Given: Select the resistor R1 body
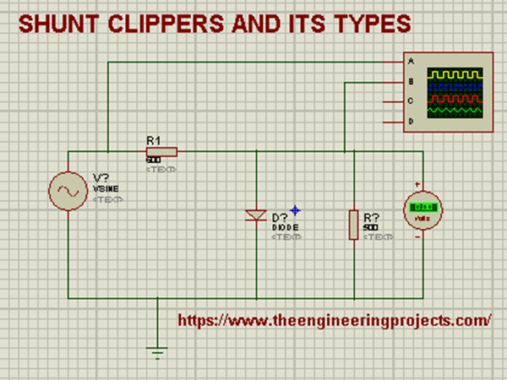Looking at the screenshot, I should [161, 151].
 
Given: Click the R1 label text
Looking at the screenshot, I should [154, 139].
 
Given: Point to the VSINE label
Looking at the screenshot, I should [106, 190].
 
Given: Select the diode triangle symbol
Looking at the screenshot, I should [256, 216].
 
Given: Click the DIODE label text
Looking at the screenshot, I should [281, 228].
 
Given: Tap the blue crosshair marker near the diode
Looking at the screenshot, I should [295, 209].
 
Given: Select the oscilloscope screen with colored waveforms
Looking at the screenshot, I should [457, 92].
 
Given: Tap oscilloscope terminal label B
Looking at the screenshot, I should [411, 82].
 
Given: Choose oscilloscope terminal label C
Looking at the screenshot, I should [411, 101].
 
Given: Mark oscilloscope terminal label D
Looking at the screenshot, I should [411, 122].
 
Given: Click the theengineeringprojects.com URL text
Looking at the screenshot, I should [335, 321].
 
